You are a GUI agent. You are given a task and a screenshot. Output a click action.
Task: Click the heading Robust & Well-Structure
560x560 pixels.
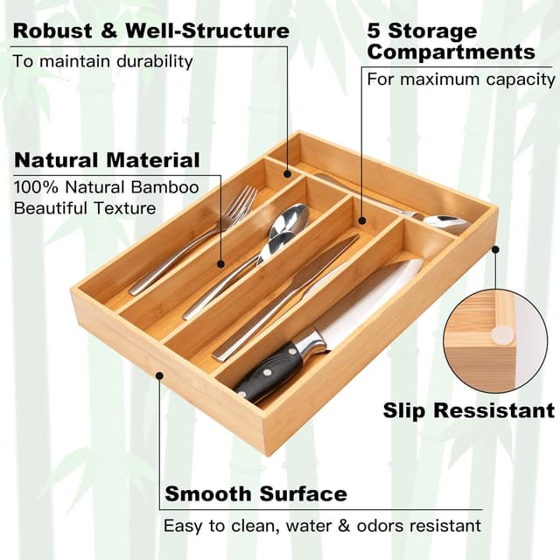pyautogui.click(x=150, y=31)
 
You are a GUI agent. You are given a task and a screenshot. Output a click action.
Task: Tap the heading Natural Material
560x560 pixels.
pyautogui.click(x=107, y=160)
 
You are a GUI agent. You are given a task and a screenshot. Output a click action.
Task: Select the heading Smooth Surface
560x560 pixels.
pyautogui.click(x=255, y=493)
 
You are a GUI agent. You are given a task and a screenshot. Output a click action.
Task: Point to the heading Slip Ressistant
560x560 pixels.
pyautogui.click(x=468, y=409)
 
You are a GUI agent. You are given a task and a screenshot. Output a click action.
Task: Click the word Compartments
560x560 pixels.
pyautogui.click(x=451, y=52)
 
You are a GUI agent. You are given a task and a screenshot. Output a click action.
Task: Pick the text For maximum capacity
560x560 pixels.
pyautogui.click(x=460, y=80)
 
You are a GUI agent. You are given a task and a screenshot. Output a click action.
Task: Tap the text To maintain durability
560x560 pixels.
pyautogui.click(x=102, y=61)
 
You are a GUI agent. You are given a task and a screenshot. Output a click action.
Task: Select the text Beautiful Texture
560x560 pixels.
pyautogui.click(x=85, y=208)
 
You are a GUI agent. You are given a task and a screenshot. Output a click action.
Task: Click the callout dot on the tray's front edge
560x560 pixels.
pyautogui.click(x=159, y=374)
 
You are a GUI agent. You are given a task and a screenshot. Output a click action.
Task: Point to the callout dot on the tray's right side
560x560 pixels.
pyautogui.click(x=495, y=249)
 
